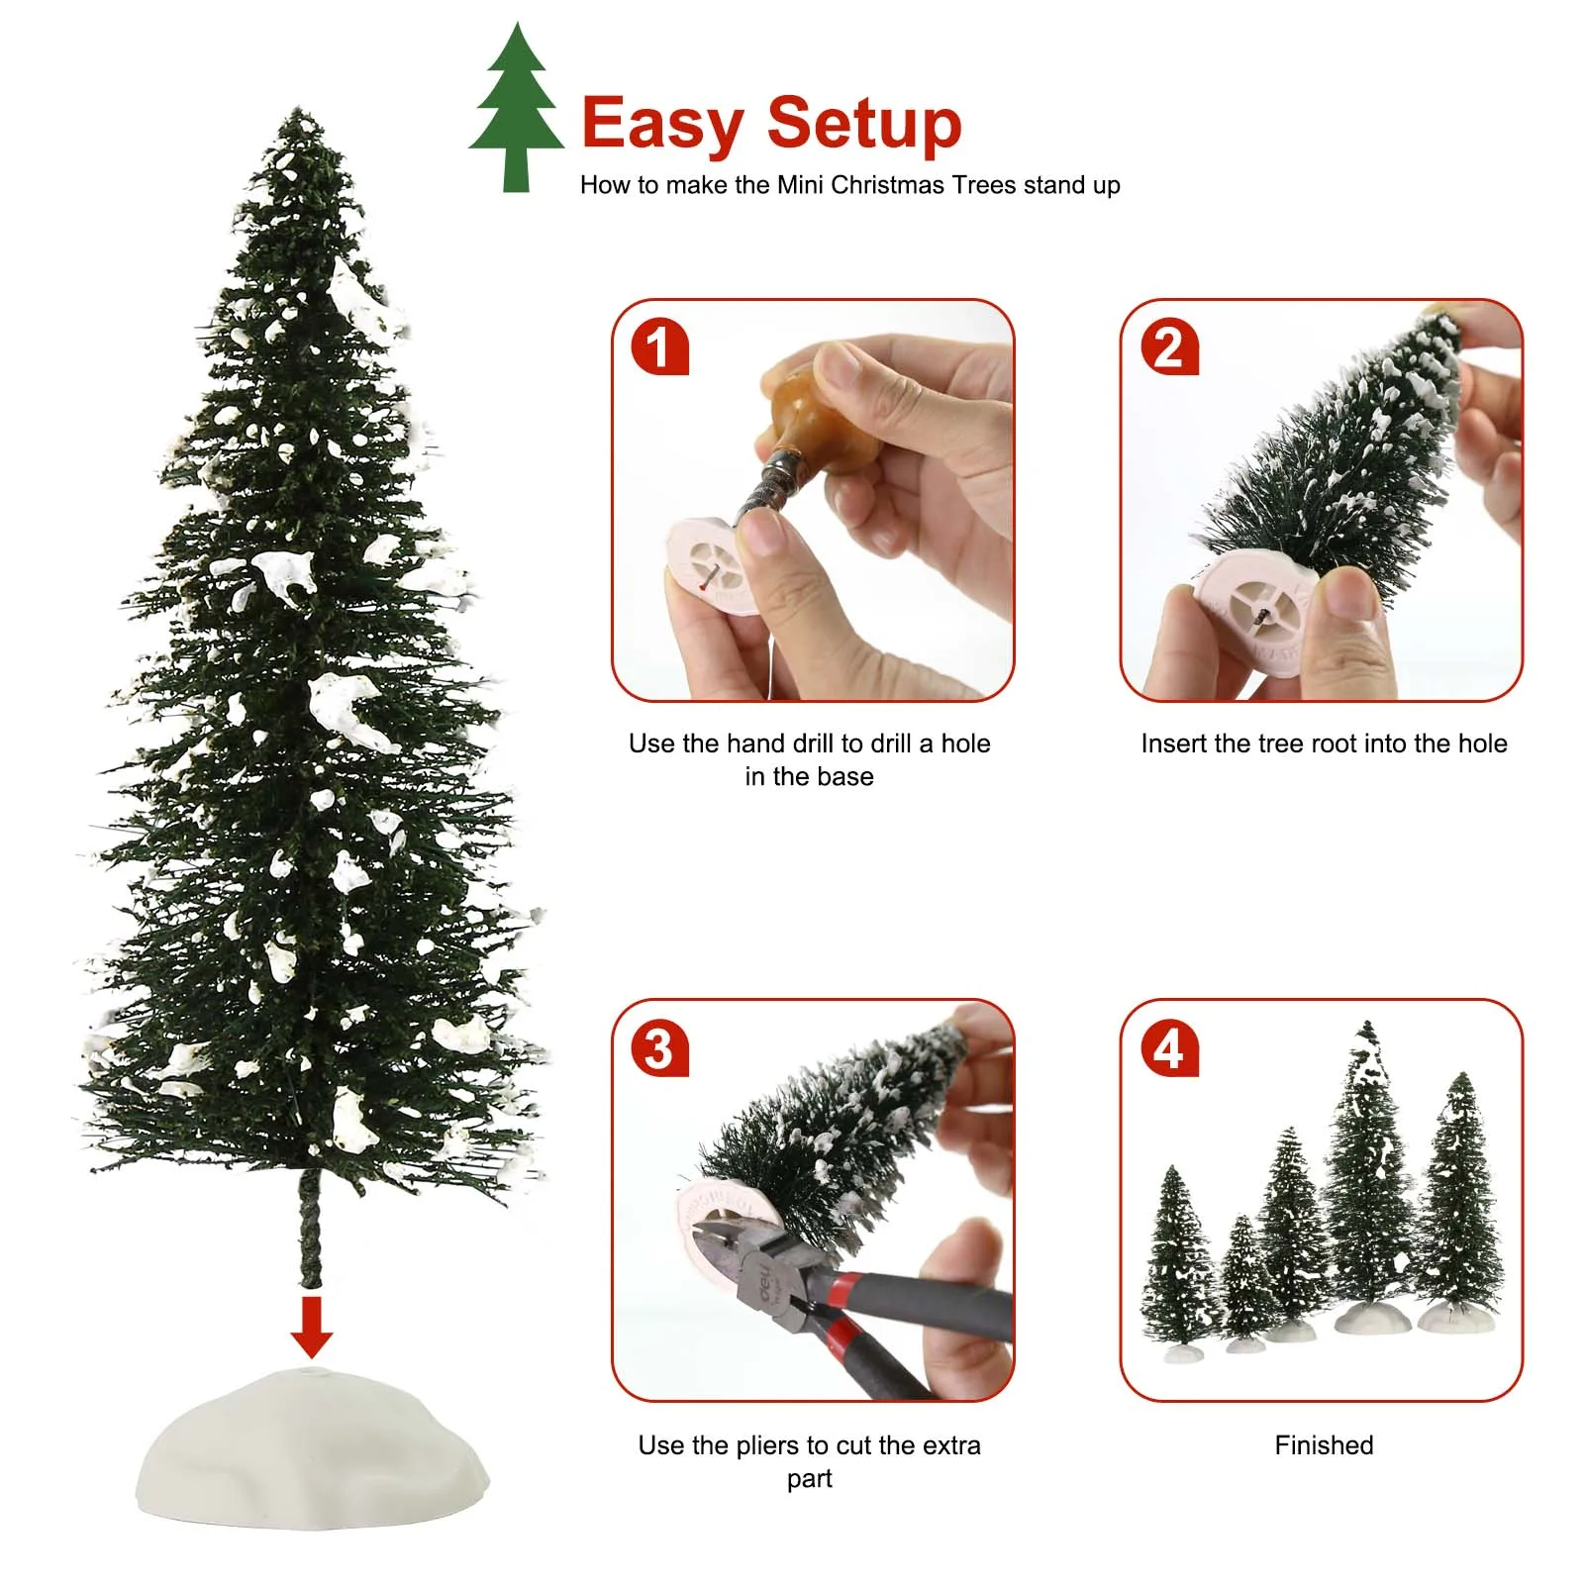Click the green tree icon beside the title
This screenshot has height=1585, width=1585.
tap(516, 109)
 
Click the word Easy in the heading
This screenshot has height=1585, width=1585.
tap(662, 125)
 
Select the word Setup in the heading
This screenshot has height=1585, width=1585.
tap(864, 125)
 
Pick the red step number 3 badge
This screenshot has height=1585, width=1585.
tap(659, 1048)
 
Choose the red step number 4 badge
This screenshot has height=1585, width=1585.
tap(1169, 1048)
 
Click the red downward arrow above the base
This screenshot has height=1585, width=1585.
tap(312, 1327)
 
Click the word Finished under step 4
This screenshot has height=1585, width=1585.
tap(1324, 1445)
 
